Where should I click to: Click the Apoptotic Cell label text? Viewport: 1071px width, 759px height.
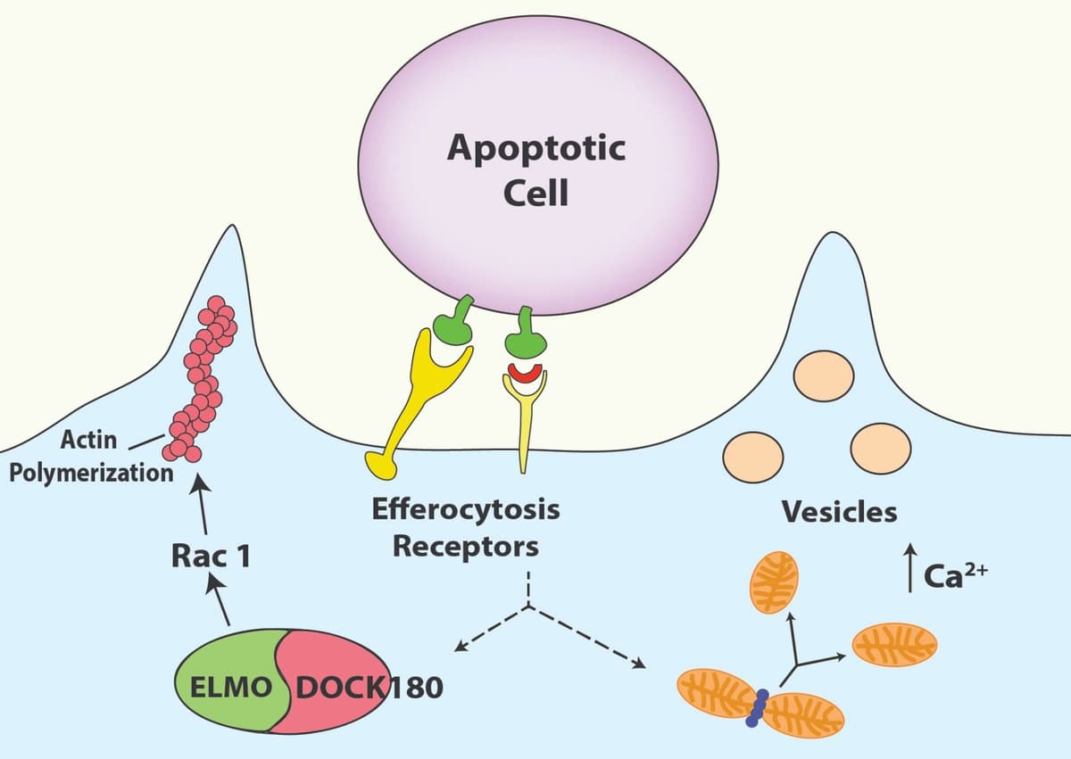(536, 169)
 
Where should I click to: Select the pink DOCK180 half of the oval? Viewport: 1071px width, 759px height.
(339, 687)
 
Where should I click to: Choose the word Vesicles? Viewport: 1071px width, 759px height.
(839, 512)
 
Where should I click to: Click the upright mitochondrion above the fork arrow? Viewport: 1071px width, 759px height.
(773, 582)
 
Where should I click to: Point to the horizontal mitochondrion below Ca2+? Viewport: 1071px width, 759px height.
(895, 644)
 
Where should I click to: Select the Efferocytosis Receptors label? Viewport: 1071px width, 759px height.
(465, 527)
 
